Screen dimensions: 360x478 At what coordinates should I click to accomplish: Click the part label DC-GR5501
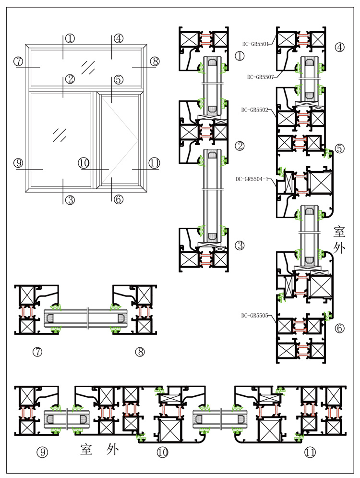(x=255, y=44)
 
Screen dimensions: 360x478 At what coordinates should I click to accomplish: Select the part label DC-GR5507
(x=261, y=77)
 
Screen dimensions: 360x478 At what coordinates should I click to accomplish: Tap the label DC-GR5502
(x=254, y=110)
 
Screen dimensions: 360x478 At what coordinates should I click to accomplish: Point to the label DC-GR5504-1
(x=252, y=179)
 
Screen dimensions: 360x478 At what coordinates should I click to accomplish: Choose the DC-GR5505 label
(x=254, y=316)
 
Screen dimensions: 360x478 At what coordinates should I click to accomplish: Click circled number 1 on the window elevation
(x=70, y=38)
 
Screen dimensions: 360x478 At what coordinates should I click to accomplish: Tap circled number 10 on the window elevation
(x=84, y=163)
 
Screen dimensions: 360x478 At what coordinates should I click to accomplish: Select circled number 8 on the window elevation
(x=155, y=61)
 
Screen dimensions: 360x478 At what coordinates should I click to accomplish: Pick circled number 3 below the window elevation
(x=70, y=200)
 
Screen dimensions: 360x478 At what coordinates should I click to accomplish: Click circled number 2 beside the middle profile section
(x=240, y=146)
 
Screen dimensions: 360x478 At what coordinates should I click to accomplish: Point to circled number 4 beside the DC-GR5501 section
(x=339, y=47)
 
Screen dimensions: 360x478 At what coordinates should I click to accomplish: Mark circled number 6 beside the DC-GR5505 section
(x=339, y=328)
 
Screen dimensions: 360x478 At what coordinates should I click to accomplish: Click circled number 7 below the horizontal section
(x=37, y=352)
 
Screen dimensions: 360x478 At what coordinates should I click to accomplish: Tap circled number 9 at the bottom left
(x=42, y=452)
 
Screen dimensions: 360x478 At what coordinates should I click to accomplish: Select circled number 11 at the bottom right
(x=310, y=452)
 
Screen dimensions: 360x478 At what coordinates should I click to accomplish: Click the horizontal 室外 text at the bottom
(x=99, y=449)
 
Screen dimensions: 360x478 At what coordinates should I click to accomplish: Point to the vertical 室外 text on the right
(x=339, y=240)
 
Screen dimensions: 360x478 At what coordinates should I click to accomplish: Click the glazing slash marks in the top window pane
(x=88, y=68)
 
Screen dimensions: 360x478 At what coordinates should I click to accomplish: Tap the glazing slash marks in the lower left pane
(x=60, y=135)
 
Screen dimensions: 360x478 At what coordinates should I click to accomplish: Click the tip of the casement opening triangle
(x=138, y=141)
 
